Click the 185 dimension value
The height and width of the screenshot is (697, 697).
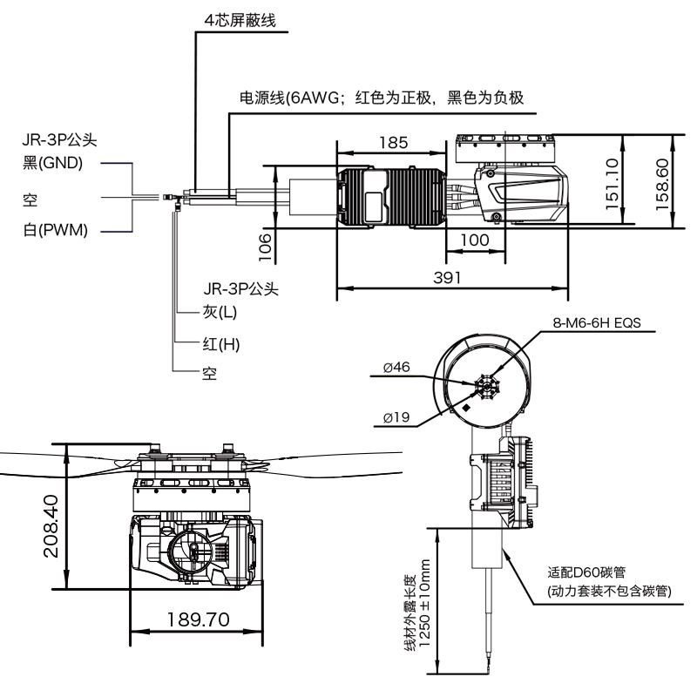(x=394, y=143)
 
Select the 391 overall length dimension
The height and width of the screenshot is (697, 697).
(x=447, y=278)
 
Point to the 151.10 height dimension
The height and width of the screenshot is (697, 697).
(x=612, y=184)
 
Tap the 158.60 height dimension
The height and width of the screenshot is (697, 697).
(x=662, y=184)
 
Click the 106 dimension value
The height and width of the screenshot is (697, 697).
(x=265, y=247)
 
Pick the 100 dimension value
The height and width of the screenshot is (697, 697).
(x=475, y=240)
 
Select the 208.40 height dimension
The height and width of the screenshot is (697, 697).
(x=51, y=526)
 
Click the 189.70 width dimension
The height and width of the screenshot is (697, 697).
(x=199, y=619)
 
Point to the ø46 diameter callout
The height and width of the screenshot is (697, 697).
(x=396, y=367)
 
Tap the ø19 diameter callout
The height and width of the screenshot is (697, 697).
(x=396, y=417)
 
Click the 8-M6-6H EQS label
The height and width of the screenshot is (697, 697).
(x=597, y=322)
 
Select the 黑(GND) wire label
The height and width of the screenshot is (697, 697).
(x=53, y=163)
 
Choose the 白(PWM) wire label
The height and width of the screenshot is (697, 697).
(x=56, y=230)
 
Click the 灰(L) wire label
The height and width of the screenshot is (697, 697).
(x=220, y=312)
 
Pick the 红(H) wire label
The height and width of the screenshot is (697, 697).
(x=221, y=344)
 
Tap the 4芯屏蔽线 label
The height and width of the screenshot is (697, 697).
(x=240, y=20)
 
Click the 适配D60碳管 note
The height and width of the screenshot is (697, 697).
(x=586, y=572)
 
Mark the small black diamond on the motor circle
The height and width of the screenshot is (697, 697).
(x=466, y=408)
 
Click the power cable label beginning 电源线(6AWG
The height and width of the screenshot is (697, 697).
(x=382, y=98)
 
